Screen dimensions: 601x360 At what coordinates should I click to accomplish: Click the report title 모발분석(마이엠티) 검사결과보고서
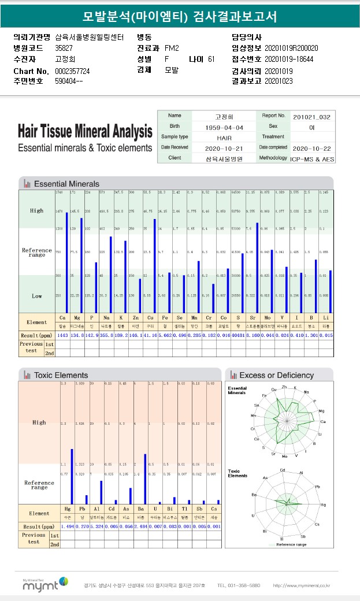coord(180,17)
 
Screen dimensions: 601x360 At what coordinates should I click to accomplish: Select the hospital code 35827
coord(64,48)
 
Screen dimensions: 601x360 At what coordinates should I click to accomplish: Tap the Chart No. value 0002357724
coord(72,71)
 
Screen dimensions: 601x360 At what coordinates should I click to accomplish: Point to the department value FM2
coord(172,48)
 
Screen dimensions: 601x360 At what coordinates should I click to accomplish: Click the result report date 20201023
coord(279,81)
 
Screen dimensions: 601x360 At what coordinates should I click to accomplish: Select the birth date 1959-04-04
coord(224,127)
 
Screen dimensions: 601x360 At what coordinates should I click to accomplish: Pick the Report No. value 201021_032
coord(312,116)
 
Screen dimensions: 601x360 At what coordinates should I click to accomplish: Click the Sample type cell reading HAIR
coord(224,138)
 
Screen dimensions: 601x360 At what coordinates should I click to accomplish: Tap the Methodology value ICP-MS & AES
coord(313,158)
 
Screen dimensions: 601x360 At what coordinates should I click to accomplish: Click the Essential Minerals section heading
coord(66,184)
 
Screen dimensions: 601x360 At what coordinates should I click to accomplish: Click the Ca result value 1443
coord(62,335)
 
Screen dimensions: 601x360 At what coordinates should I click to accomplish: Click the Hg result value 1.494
coord(68,526)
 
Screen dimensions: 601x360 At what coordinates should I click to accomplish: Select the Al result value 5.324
coord(97,526)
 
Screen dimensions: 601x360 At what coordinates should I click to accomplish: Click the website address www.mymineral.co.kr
coord(301,586)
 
